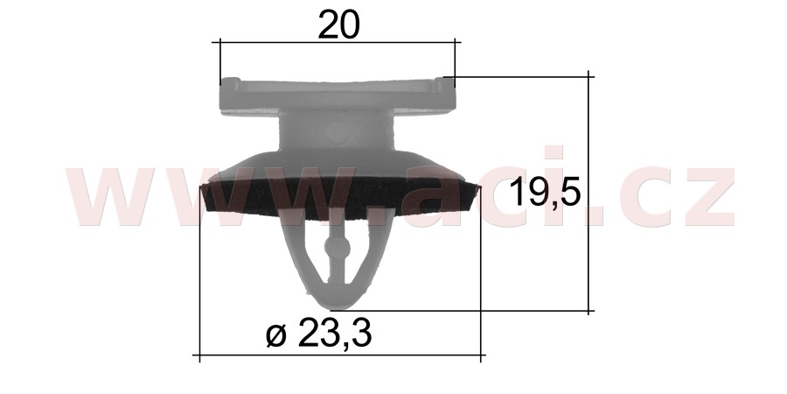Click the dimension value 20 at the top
(x=338, y=25)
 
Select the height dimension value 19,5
(x=546, y=191)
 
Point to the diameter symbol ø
(x=275, y=334)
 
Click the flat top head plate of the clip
(x=338, y=95)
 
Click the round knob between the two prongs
(x=336, y=248)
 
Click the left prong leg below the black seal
(x=301, y=254)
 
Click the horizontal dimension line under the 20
(x=338, y=41)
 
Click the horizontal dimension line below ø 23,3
(x=341, y=356)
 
